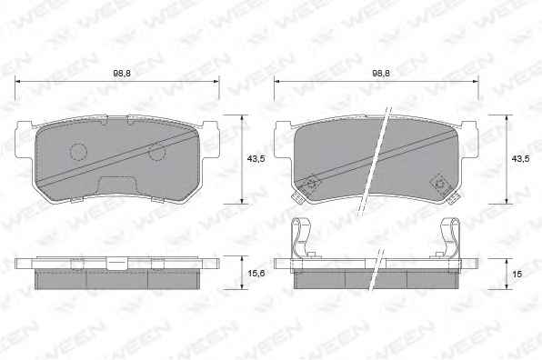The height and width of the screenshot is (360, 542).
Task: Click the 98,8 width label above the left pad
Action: (x=122, y=74)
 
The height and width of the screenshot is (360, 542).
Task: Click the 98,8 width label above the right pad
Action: (x=381, y=74)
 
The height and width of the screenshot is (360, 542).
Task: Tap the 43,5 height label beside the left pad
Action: (x=256, y=159)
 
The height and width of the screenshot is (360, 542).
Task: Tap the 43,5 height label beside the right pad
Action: (x=520, y=159)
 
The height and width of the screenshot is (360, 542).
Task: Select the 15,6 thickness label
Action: (x=256, y=274)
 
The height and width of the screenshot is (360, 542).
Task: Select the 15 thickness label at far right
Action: (x=517, y=274)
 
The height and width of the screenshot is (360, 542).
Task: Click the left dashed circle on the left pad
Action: (x=79, y=151)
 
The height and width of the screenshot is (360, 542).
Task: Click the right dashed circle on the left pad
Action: (x=157, y=152)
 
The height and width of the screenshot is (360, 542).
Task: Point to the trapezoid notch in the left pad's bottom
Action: (x=117, y=185)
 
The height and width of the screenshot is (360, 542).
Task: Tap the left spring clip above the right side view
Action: (x=300, y=238)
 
